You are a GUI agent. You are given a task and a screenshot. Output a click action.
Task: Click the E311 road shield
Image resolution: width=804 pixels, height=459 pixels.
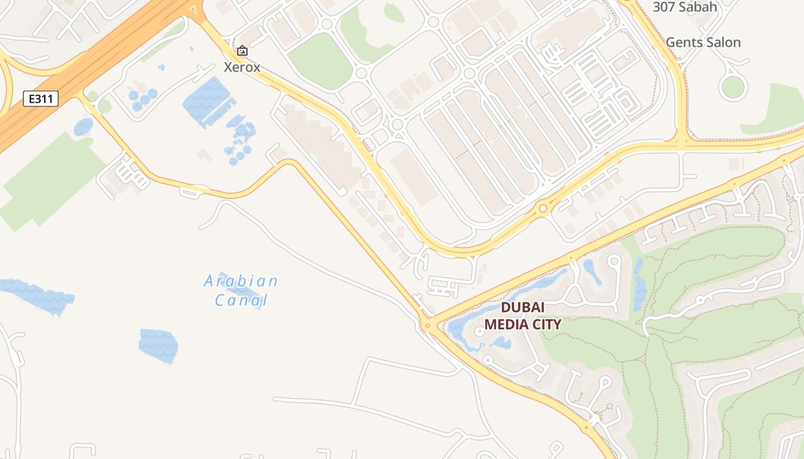[x=41, y=99]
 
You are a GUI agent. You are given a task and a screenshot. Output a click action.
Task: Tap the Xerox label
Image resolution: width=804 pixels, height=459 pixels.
[x=242, y=67]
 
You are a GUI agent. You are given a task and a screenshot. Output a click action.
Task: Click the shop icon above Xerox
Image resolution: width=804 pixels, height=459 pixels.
[x=242, y=51]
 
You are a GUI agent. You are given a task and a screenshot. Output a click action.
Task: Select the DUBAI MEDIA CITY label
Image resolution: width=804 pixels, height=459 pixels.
[x=522, y=316]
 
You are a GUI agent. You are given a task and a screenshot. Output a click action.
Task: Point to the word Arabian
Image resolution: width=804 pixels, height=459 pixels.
[x=241, y=281]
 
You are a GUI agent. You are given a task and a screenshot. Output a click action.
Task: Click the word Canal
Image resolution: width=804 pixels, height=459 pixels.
[x=241, y=299]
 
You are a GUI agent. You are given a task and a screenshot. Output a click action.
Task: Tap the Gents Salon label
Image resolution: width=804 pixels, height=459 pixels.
[x=703, y=42]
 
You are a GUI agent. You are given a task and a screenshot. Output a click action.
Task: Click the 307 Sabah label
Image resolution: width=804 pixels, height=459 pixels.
[x=685, y=7]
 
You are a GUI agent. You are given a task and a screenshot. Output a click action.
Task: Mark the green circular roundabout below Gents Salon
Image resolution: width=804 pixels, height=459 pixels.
[x=733, y=87]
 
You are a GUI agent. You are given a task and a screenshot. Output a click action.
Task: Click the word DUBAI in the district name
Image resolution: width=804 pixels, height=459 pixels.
[x=523, y=307]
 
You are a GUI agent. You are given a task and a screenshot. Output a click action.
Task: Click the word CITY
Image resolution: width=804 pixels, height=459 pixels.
[x=547, y=324]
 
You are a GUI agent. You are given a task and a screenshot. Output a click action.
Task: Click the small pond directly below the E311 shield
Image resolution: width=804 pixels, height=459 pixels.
[x=83, y=126]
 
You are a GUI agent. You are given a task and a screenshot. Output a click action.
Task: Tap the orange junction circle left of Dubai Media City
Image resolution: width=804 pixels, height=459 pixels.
[x=427, y=326]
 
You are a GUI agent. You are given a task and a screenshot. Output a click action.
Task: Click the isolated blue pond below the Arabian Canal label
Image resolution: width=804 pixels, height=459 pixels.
[x=159, y=345]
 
